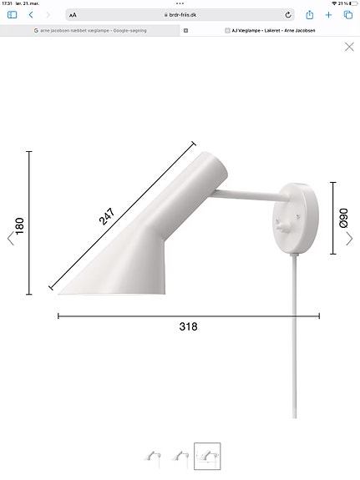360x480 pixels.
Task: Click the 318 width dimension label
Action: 188,326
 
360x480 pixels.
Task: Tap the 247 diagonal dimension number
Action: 108,217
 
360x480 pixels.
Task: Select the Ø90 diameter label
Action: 343,219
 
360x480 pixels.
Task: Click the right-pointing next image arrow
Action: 350,239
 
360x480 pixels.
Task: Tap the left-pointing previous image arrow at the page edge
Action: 11,239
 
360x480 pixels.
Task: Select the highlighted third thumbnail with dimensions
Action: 206,455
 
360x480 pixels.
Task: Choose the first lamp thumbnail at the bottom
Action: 153,456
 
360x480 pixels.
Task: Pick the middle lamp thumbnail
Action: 180,456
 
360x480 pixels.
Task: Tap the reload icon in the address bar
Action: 289,15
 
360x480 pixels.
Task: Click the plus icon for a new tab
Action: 328,15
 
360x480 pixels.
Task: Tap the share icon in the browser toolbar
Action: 310,15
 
